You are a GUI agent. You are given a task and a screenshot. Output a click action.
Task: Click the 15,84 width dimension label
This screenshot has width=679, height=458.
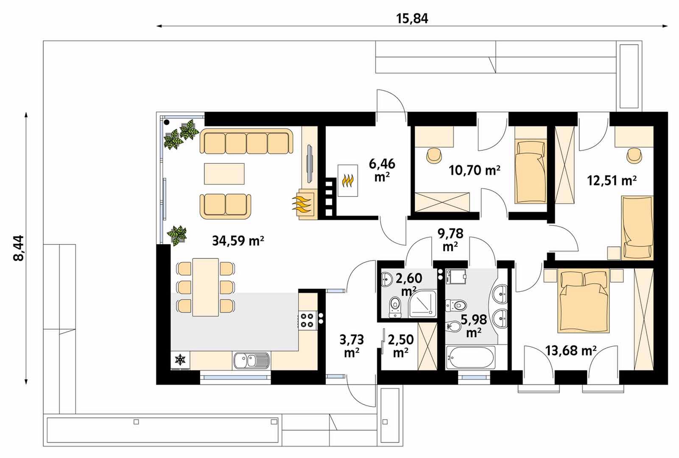[x=412, y=19]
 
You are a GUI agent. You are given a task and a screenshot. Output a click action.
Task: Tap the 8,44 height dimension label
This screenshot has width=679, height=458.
[x=19, y=248]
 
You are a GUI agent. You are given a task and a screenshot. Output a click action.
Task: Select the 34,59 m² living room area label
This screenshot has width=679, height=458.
[x=238, y=241]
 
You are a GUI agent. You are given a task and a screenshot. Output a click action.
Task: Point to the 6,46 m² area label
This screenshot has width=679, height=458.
[x=382, y=170]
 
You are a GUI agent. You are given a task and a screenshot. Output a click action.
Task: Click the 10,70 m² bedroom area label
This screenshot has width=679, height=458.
[x=475, y=170]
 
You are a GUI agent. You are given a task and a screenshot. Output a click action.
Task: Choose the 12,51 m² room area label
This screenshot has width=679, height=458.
[x=612, y=181]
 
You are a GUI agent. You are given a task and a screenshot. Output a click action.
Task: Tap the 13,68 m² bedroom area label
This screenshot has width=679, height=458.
[x=571, y=351]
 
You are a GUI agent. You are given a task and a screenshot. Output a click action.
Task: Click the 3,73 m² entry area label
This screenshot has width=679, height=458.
[x=352, y=346]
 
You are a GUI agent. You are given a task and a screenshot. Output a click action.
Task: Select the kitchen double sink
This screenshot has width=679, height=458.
[x=251, y=361]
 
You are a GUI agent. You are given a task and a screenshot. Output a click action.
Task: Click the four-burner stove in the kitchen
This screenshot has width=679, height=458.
[x=307, y=320]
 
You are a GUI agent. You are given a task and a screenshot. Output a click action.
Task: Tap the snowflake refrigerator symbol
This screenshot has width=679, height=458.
[x=180, y=360]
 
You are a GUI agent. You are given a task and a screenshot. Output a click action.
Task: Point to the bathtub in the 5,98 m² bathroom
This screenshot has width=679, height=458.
[x=470, y=357]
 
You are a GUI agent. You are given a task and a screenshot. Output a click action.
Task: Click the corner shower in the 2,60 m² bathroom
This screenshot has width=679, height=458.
[x=422, y=303]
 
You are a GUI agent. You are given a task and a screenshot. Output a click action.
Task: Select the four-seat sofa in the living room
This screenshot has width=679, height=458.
[x=246, y=142]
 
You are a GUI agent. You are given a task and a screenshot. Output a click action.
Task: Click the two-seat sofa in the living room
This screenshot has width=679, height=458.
[x=225, y=206]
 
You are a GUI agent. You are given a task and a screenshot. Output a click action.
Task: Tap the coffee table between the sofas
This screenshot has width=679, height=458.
[x=224, y=174]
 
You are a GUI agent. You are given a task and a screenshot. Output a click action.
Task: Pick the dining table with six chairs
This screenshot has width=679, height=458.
[x=206, y=288]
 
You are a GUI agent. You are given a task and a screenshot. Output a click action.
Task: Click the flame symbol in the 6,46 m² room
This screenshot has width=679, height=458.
[x=348, y=181]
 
